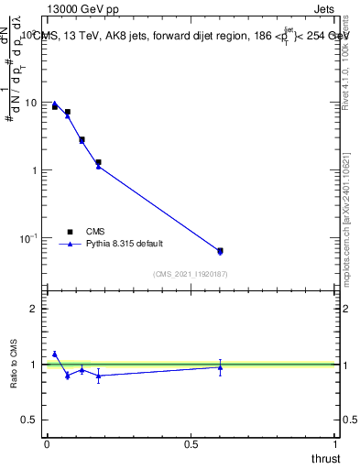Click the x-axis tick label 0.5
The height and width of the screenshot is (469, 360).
click(x=191, y=443)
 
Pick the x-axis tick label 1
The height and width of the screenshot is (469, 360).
click(x=336, y=443)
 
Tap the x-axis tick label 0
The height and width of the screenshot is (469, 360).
click(x=47, y=443)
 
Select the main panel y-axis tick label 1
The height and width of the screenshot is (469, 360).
click(x=35, y=170)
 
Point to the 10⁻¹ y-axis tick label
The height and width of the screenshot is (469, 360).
click(x=28, y=238)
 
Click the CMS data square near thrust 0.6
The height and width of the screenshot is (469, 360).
click(x=220, y=250)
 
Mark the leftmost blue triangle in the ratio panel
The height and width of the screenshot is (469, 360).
click(x=55, y=354)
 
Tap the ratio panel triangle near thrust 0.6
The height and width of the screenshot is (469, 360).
click(x=220, y=367)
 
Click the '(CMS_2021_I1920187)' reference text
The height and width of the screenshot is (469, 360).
click(x=191, y=273)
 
